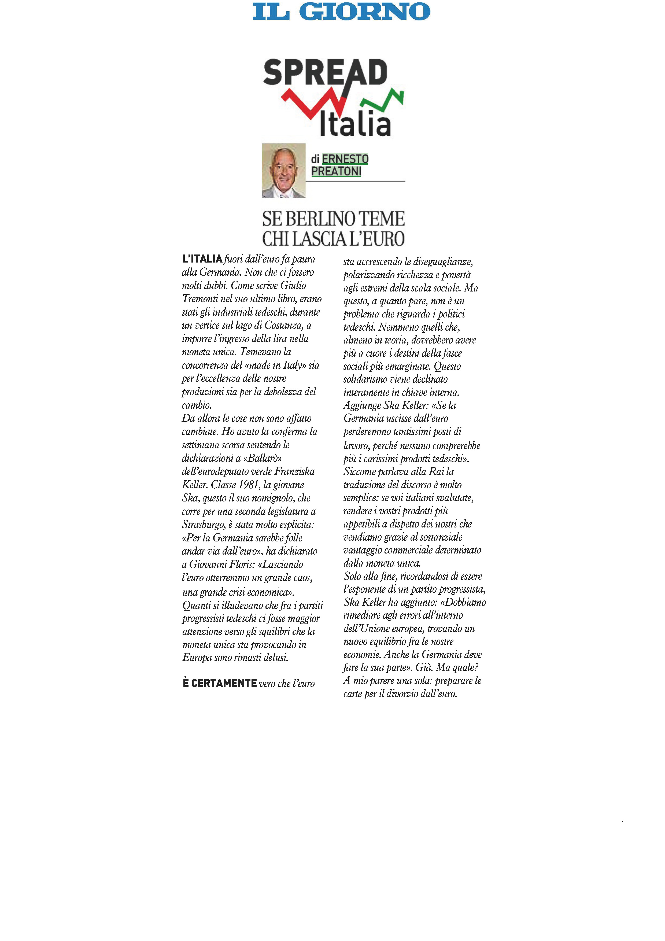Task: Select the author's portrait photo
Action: pos(283,171)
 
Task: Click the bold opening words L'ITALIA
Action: pos(202,259)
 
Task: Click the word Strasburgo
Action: pos(203,525)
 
